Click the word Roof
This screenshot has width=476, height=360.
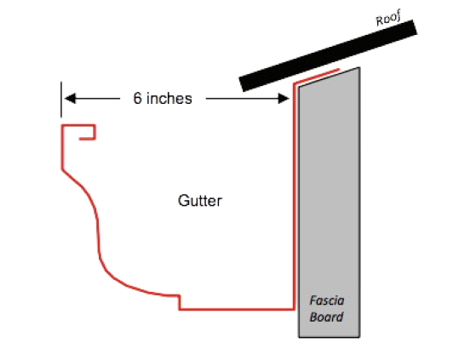coord(388,18)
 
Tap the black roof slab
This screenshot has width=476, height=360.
coord(328,55)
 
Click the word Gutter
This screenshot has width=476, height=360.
coord(200,201)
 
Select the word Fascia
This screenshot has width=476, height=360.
coord(327,300)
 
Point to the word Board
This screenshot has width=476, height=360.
coord(327,317)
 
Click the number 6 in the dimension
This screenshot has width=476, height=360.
coord(137,98)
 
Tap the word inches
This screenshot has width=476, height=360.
coord(169,98)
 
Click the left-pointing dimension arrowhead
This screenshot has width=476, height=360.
coord(70,98)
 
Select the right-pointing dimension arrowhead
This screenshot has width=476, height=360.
coord(284,98)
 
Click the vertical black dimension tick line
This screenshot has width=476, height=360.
coord(61,100)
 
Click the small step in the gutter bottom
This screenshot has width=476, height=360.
coord(180,302)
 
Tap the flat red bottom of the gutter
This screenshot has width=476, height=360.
coord(237,309)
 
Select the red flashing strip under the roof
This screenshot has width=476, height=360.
coord(316,76)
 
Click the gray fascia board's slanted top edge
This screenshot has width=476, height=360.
coord(330,77)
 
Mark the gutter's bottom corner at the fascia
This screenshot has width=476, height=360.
coord(294,309)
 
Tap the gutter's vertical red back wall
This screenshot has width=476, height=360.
coord(294,197)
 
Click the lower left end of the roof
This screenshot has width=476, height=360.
coord(242,84)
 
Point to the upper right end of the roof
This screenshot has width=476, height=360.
coord(415,26)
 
